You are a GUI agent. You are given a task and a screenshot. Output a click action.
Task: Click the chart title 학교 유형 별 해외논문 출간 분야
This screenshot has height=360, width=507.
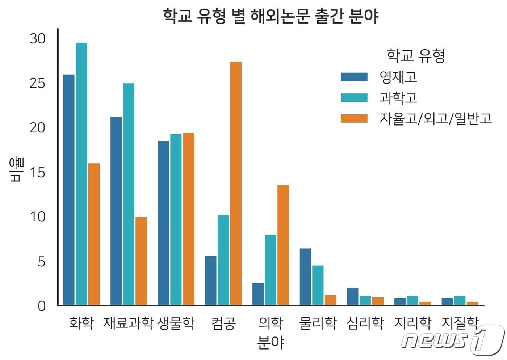tap(271, 16)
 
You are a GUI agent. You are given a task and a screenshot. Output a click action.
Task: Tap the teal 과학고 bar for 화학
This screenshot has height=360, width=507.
tap(81, 174)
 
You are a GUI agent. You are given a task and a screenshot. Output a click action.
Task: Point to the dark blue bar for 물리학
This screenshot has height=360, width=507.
tap(305, 277)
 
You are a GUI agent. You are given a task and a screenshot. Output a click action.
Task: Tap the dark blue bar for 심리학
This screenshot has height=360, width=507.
tap(352, 296)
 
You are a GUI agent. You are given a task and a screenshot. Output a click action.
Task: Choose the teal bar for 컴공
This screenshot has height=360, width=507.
tap(223, 260)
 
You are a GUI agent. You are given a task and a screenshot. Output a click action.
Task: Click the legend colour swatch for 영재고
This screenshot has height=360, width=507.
tap(354, 77)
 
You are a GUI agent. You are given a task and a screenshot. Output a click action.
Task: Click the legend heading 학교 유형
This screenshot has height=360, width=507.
tap(416, 56)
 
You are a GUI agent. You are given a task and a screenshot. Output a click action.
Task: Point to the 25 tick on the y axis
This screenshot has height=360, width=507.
tap(38, 83)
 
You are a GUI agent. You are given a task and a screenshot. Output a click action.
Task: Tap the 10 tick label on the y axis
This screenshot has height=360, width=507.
tap(38, 217)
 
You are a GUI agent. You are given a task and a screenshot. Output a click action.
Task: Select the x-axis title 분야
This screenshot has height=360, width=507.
tap(271, 342)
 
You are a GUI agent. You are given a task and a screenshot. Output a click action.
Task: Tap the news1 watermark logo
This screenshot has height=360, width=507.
tap(453, 340)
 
